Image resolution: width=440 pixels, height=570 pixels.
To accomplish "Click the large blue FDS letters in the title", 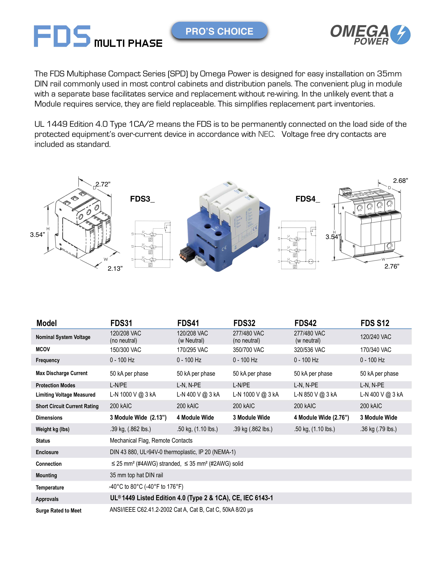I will (62, 36).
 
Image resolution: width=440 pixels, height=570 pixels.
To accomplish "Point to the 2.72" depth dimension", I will (103, 184).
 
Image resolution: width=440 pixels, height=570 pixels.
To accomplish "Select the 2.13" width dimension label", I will (115, 269).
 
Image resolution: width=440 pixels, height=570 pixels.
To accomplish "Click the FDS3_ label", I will (142, 199).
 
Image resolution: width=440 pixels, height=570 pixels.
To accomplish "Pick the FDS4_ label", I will (308, 199).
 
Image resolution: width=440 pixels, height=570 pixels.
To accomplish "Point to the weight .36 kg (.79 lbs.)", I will (378, 429).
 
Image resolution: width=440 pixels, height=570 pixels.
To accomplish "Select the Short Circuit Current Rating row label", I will (67, 406).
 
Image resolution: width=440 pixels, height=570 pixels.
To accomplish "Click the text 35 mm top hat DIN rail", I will (136, 475).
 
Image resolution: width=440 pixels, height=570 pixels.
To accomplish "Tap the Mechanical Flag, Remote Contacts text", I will (151, 441).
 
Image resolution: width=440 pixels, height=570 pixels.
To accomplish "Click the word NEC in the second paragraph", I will (266, 134).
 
